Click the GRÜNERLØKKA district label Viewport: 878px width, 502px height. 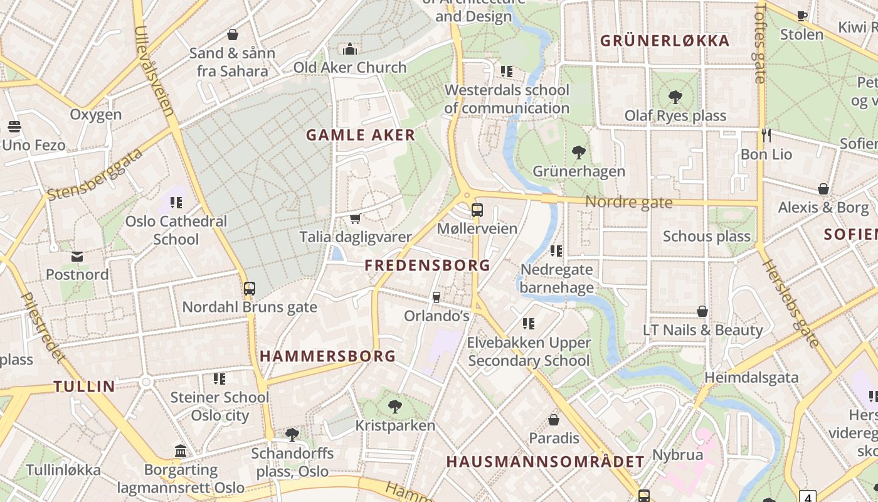665,41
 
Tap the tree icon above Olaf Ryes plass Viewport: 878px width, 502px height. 675,97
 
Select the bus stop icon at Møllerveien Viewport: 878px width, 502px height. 477,210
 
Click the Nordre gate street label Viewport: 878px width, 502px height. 628,202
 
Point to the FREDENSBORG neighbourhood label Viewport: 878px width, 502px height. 428,265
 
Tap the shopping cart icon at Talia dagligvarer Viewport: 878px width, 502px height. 355,218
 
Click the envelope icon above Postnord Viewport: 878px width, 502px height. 77,257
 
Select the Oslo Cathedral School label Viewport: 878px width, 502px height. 176,230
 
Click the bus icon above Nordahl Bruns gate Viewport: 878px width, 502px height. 250,289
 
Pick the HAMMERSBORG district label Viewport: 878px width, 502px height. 328,356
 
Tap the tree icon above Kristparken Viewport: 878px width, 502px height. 395,407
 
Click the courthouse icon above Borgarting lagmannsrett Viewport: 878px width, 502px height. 181,451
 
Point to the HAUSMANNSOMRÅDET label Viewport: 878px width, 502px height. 545,462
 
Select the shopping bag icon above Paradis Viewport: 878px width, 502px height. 554,419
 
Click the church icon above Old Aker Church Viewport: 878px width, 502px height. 350,49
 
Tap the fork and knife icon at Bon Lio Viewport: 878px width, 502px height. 766,135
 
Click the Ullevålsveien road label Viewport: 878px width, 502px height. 154,71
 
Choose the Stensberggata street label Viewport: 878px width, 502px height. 95,174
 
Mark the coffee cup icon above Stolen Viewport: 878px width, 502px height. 801,16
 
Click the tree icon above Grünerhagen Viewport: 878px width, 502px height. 579,152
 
